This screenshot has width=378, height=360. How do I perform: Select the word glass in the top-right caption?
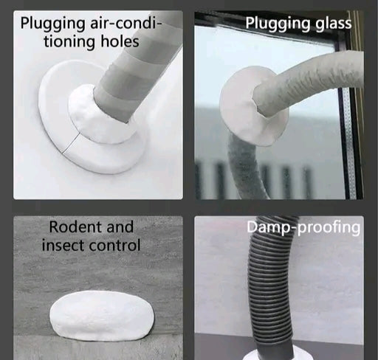[x=334, y=24]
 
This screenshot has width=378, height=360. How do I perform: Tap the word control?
[x=114, y=245]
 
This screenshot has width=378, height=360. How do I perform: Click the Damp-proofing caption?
[x=303, y=227]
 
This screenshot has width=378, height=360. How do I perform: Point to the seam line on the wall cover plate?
[x=72, y=143]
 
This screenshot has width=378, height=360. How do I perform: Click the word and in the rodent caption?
[x=120, y=226]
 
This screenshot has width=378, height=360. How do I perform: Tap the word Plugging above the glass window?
[x=278, y=24]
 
